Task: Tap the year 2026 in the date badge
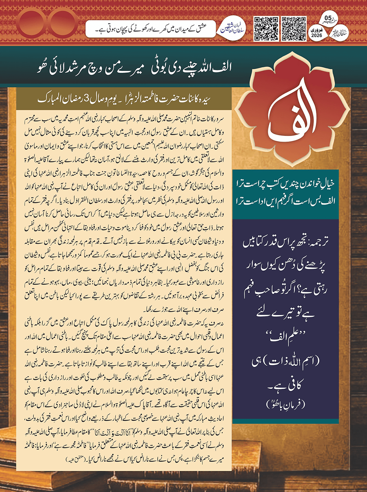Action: coord(317,35)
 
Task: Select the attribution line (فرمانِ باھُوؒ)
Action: coord(285,404)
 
